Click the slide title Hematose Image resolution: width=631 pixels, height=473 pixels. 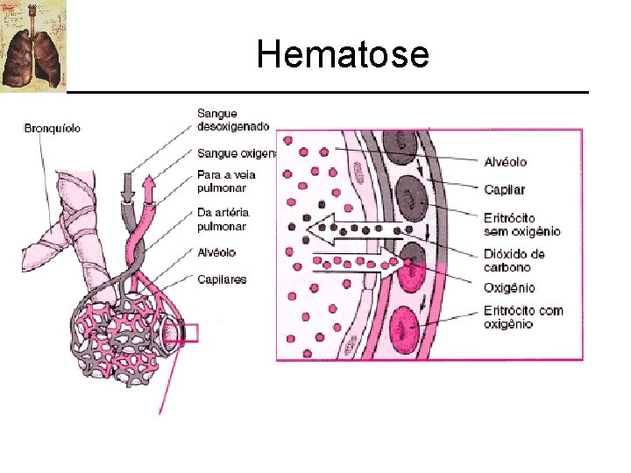(343, 55)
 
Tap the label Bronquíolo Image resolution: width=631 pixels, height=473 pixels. (52, 128)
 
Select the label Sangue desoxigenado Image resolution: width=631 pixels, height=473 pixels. (233, 119)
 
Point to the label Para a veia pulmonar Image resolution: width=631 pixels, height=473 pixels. (221, 180)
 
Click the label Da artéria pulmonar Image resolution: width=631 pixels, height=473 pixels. (223, 219)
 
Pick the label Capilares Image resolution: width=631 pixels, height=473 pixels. (222, 279)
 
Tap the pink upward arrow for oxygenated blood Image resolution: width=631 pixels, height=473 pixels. (147, 188)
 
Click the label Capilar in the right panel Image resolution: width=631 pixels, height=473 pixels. (504, 189)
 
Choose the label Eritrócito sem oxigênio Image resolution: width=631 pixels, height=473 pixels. (521, 224)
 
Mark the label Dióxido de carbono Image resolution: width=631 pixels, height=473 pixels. (514, 260)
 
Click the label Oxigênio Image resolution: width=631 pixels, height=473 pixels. (508, 288)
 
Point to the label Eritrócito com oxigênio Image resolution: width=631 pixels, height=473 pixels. (522, 317)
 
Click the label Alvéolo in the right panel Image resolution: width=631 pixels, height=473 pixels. (505, 162)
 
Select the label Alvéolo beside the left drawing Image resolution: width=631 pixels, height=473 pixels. (216, 252)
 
